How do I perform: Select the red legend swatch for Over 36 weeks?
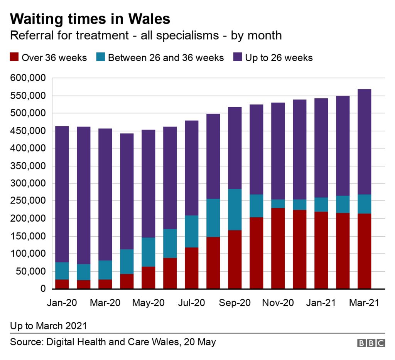click(15, 58)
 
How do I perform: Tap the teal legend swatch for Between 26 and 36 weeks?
click(101, 58)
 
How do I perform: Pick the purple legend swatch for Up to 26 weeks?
click(238, 58)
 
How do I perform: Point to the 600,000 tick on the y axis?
click(28, 78)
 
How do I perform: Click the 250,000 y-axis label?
click(28, 201)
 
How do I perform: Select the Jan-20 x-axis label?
click(62, 303)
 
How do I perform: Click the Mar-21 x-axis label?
click(364, 303)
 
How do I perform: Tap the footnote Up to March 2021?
click(48, 326)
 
